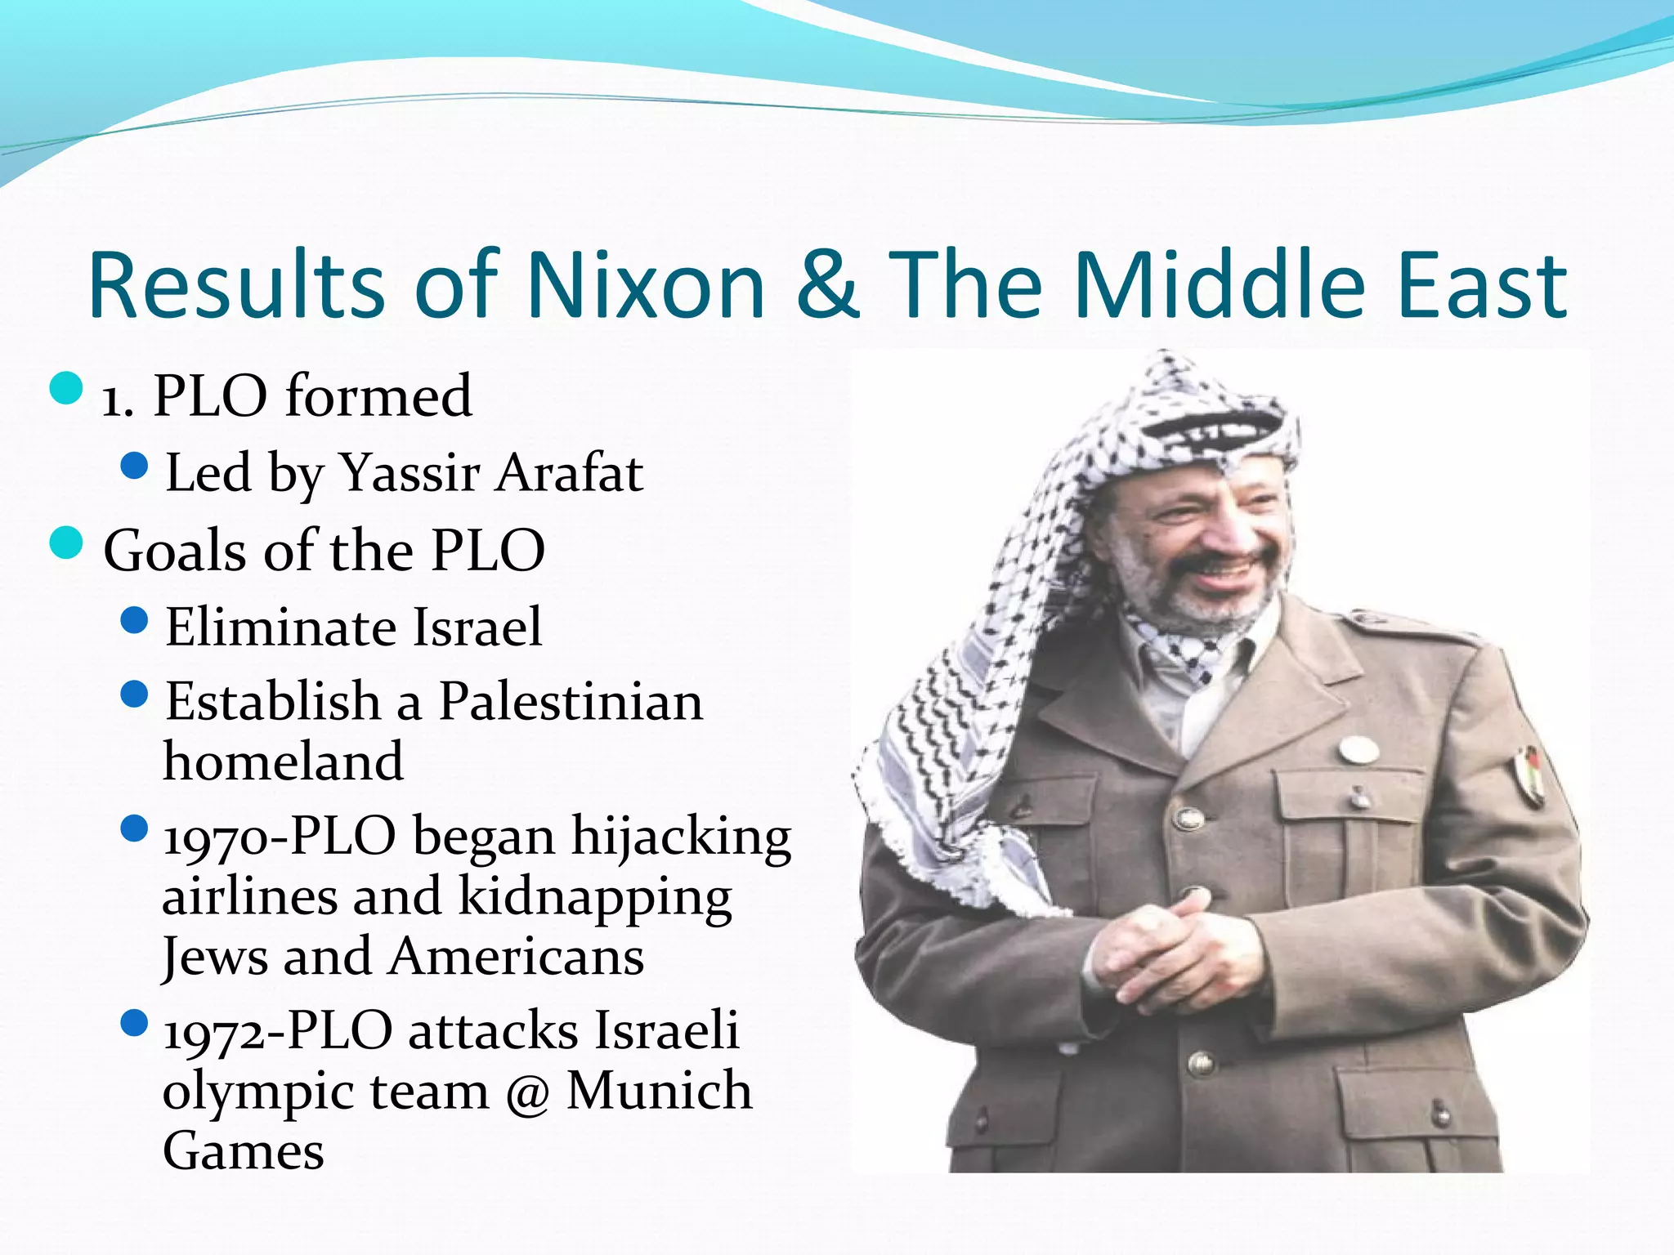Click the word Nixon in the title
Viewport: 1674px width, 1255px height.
(x=646, y=286)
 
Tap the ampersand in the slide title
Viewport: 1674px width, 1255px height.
(x=827, y=286)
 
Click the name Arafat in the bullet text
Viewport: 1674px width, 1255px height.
(x=569, y=474)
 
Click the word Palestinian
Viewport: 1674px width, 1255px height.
(x=571, y=703)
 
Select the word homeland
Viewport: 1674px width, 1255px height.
(x=283, y=761)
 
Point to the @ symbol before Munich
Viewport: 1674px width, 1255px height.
(x=527, y=1093)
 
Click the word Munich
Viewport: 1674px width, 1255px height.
(x=659, y=1092)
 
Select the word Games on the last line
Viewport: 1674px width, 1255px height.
(x=244, y=1152)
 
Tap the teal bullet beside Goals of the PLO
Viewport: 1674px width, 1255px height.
(x=66, y=543)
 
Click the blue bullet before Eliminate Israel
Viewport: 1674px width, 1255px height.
(x=133, y=621)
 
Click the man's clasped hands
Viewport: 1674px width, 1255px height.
(x=1161, y=940)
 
